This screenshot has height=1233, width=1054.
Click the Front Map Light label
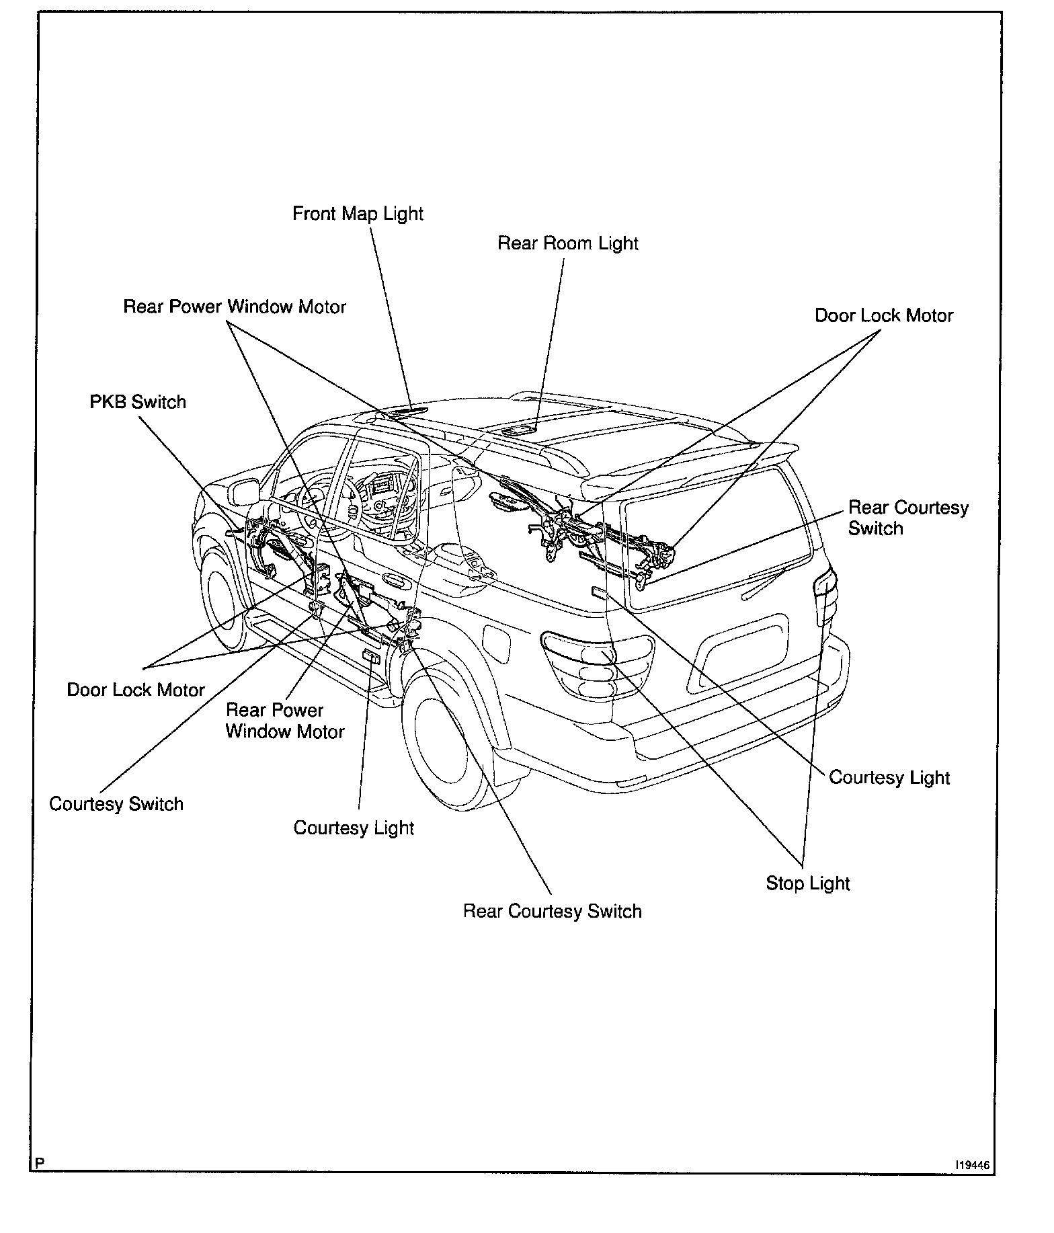(358, 214)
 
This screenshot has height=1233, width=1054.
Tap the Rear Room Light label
(567, 243)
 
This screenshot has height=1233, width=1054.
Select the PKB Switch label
(138, 402)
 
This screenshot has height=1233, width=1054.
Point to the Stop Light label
(808, 883)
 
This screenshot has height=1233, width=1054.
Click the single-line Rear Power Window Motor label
(235, 307)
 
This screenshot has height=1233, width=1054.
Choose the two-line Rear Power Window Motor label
(284, 721)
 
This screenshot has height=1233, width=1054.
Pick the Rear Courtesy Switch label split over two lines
(907, 518)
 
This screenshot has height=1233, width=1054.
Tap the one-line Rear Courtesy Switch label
(552, 911)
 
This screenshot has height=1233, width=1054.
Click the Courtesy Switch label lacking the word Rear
(116, 804)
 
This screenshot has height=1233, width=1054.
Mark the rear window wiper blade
(764, 582)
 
